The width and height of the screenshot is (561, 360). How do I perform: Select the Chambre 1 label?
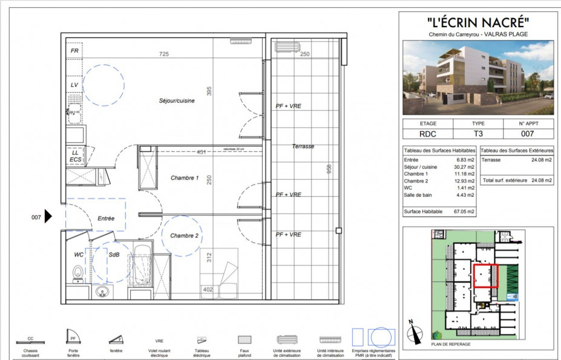pyautogui.click(x=184, y=178)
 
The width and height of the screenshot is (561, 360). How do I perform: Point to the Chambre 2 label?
pyautogui.click(x=184, y=235)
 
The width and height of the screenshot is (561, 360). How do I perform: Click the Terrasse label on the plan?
pyautogui.click(x=303, y=146)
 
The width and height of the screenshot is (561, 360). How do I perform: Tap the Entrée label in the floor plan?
pyautogui.click(x=105, y=218)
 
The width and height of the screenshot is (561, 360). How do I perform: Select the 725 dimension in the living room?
pyautogui.click(x=163, y=54)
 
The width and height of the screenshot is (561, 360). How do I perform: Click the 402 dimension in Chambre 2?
pyautogui.click(x=208, y=290)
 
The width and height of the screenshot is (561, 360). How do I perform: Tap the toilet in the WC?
pyautogui.click(x=77, y=275)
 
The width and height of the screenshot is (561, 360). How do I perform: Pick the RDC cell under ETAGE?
pyautogui.click(x=428, y=133)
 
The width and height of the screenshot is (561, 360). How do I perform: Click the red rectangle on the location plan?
pyautogui.click(x=485, y=276)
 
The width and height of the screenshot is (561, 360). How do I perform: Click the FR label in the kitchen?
pyautogui.click(x=74, y=51)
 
